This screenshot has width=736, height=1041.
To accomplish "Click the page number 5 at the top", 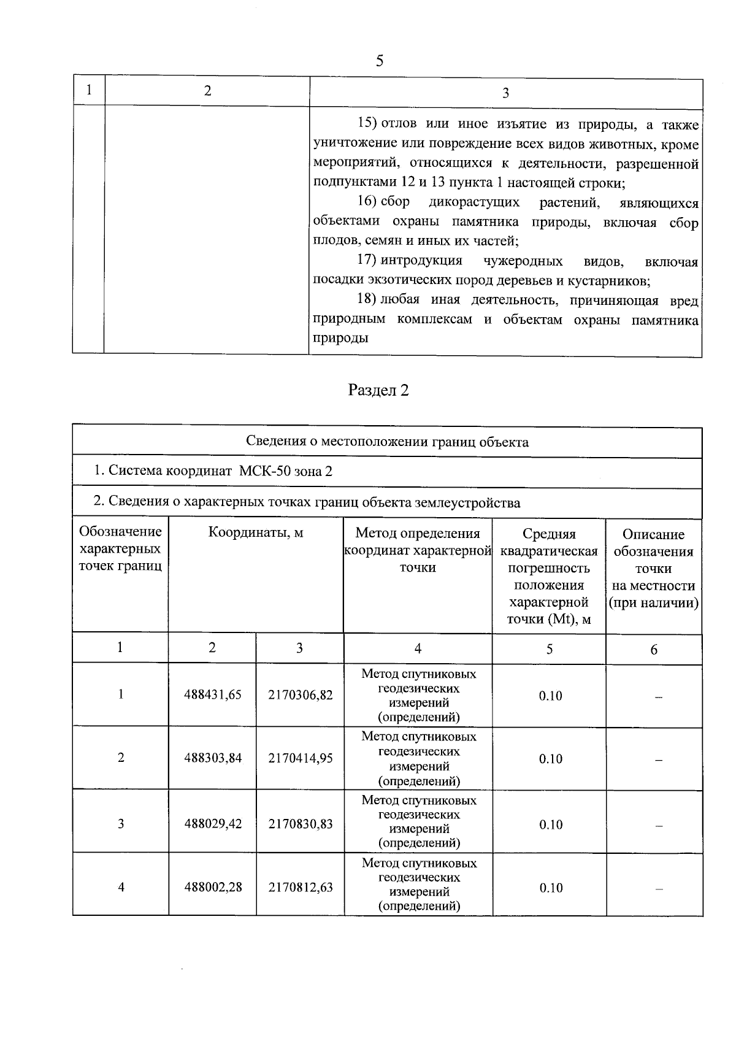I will tap(379, 61).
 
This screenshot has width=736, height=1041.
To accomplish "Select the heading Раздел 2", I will tap(378, 391).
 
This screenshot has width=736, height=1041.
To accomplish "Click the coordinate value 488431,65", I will tap(213, 694).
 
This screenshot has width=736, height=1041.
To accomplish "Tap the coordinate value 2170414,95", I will tap(301, 758).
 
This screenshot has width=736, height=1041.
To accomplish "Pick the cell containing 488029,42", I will tap(213, 823).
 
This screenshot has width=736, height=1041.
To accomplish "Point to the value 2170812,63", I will tap(301, 887).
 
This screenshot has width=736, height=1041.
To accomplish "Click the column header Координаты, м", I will tap(256, 532).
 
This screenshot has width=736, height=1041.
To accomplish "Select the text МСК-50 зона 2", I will tap(286, 471).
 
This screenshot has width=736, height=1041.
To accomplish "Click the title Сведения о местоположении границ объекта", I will tap(387, 442).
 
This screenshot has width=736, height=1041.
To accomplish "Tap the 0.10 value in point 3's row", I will tap(550, 824).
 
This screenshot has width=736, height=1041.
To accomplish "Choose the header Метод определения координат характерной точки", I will tap(418, 550).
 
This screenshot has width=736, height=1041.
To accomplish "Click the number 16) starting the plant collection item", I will tap(367, 202).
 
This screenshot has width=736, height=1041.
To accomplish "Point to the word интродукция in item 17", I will tap(421, 261).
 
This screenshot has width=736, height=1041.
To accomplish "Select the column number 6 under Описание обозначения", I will tap(654, 650).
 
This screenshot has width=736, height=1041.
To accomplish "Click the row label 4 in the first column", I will tap(121, 887).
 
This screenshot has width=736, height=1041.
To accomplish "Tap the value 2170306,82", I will tap(301, 694).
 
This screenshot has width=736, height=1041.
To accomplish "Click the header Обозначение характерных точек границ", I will tap(121, 548).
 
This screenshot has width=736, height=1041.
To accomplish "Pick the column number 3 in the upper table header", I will tap(505, 93).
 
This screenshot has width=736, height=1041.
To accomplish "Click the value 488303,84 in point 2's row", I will tap(213, 758).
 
